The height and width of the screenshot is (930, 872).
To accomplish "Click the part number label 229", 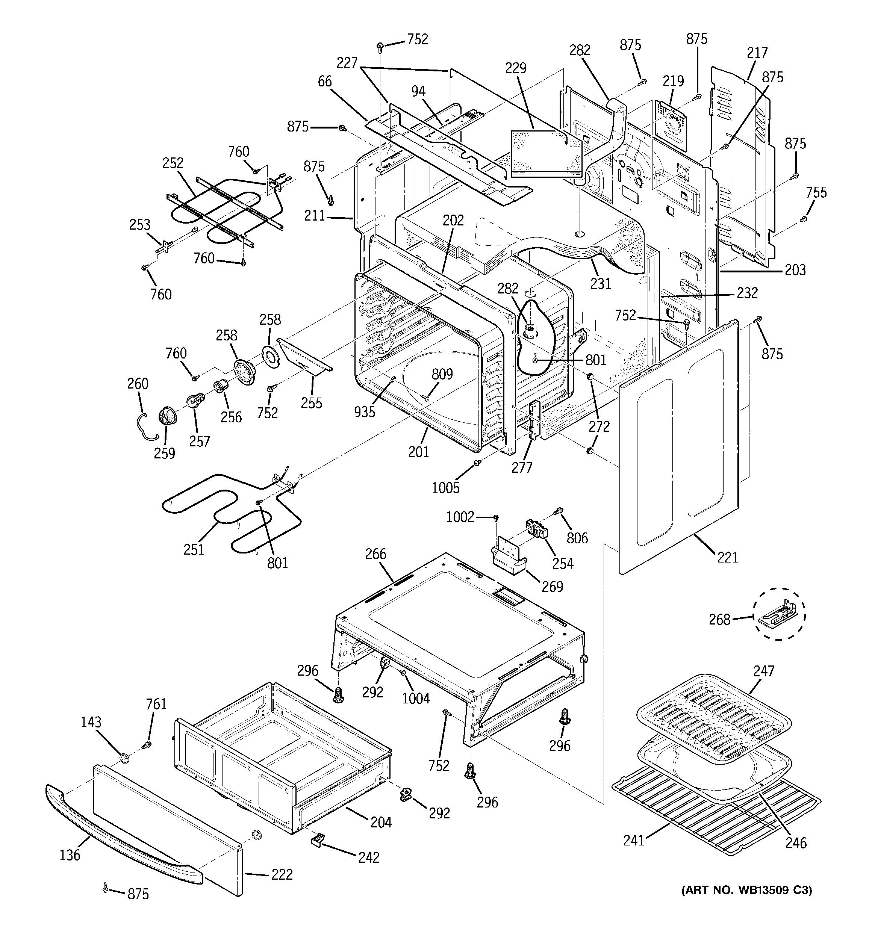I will click(x=515, y=68).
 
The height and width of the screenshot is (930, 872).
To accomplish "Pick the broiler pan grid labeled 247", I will click(x=714, y=718).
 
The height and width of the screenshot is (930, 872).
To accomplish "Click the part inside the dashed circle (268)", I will click(x=778, y=614).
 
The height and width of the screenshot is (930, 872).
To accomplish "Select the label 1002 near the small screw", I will click(x=460, y=517).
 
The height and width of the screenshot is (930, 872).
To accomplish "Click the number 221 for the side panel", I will click(x=727, y=557).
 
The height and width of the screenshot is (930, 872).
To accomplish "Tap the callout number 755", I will click(x=816, y=192).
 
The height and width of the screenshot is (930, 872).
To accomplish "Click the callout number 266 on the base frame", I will click(x=375, y=554).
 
